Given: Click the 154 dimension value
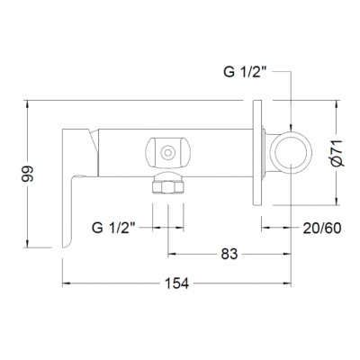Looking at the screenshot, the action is coord(177,283).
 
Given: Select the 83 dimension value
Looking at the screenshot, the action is coord(229,254).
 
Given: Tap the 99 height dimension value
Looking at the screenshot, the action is coord(28,174).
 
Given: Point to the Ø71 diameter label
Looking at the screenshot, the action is coord(337,153).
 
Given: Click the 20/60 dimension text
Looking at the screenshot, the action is coord(322,229).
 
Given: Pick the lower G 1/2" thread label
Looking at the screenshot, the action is coord(114,228).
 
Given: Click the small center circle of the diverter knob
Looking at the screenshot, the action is coord(167,153).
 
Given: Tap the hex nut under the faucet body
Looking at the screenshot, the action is coord(167,187).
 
